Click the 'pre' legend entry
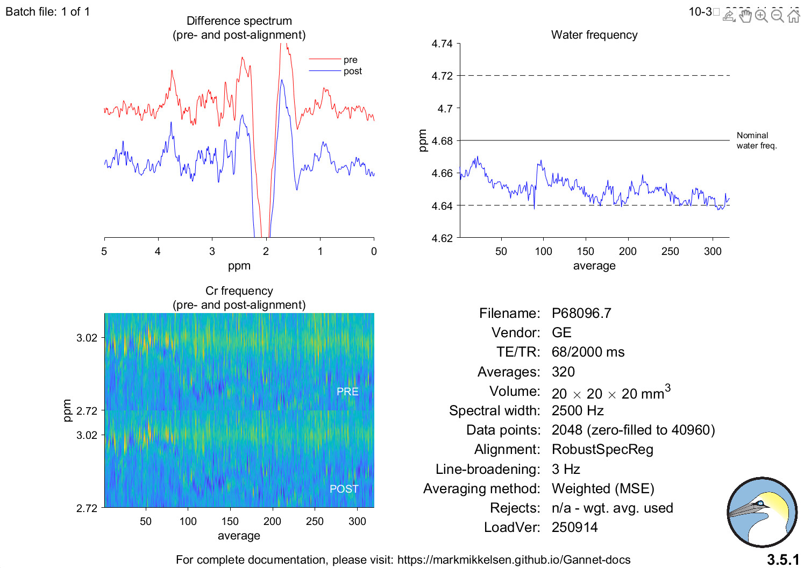coord(350,60)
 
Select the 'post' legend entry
coord(352,71)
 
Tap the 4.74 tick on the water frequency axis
coord(442,44)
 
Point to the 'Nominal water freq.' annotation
coord(756,140)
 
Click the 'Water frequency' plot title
coord(594,35)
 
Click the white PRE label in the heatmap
coord(347,392)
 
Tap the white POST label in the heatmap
coord(344,489)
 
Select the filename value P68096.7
coord(581,313)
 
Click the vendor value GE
coord(561,332)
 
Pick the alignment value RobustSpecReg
coord(602,449)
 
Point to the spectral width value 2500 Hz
coord(578,410)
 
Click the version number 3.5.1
coord(782,560)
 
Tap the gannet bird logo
coord(762,512)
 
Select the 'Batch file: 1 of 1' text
coord(48,11)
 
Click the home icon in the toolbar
coord(794,16)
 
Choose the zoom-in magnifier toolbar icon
coord(761,16)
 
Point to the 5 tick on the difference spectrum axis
coord(104,251)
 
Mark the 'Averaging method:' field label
coord(481,488)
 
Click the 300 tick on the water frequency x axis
coord(713,251)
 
